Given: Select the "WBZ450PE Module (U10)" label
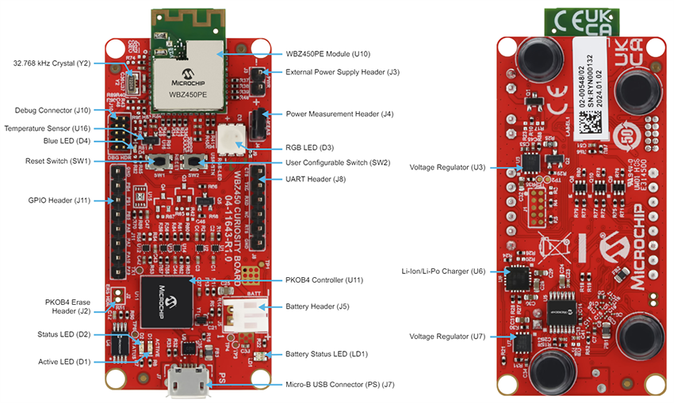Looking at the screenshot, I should pos(327,54).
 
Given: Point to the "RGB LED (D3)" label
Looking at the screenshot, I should pos(309,147).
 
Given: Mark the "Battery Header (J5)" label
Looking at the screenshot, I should pos(317,306).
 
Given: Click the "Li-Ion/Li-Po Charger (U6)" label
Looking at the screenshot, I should pos(443,271).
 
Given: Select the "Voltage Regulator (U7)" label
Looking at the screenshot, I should pos(448,336).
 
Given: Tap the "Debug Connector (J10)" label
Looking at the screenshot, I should pos(53,110).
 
